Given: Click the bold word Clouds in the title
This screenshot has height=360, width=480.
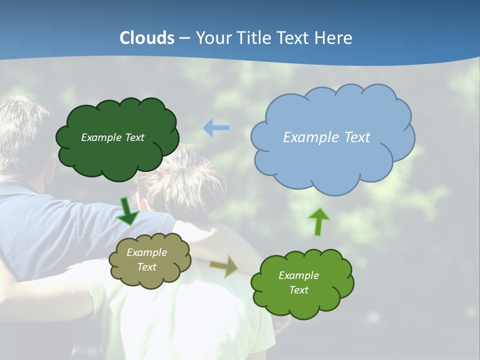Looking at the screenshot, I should point(147,38).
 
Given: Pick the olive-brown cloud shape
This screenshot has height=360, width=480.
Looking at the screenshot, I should point(149,277).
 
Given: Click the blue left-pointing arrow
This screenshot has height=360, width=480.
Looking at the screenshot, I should point(216,128).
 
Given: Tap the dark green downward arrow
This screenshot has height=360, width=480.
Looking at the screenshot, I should point(128,211).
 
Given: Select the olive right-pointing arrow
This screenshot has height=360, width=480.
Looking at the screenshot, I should point(224,266).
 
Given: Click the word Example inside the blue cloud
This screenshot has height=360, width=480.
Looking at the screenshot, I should point(306,137).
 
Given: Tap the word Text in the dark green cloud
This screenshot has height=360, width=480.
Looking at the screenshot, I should point(134,137).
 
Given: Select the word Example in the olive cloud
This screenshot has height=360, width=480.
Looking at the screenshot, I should point(146,252).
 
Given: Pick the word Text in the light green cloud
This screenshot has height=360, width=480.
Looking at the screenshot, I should point(298,290).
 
